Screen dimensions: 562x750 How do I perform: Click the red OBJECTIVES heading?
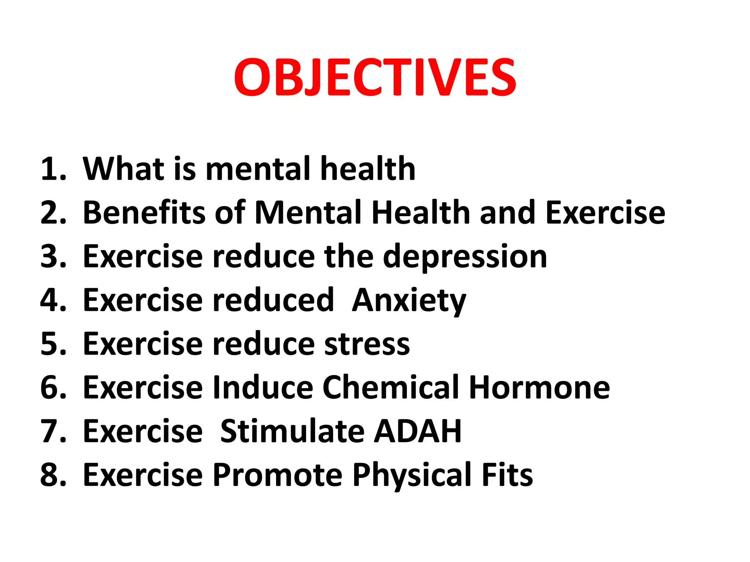(x=375, y=78)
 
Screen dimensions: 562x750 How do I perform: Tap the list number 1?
(x=53, y=169)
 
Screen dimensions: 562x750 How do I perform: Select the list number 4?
(x=53, y=300)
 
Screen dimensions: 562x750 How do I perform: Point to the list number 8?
(x=53, y=475)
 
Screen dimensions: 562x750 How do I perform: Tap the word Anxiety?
(x=409, y=301)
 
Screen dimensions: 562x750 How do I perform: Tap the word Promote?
(x=278, y=475)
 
